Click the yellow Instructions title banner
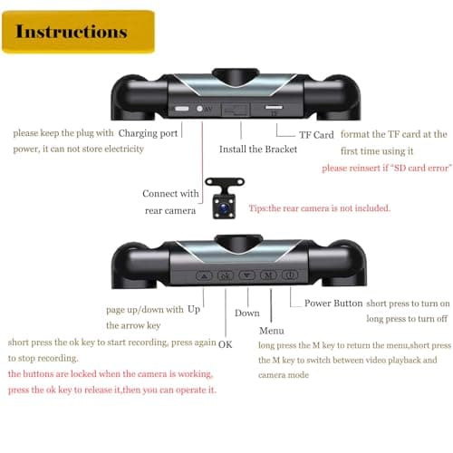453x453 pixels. click(78, 32)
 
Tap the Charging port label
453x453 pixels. click(148, 133)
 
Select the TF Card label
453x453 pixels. click(316, 135)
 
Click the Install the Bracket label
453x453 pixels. click(258, 149)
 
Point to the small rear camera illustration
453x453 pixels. click(225, 198)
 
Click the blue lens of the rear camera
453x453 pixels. click(224, 207)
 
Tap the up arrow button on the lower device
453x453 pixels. click(204, 275)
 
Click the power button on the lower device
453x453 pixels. click(290, 275)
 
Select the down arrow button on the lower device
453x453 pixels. click(247, 275)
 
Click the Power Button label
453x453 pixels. click(333, 303)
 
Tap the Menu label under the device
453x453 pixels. click(272, 331)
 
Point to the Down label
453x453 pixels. click(247, 313)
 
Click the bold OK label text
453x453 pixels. click(225, 344)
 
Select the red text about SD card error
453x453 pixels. click(387, 168)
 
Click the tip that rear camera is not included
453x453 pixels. click(320, 208)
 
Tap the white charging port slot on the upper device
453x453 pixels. click(182, 109)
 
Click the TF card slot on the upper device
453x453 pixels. click(274, 107)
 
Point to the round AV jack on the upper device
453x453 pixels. click(199, 109)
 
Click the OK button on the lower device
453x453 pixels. click(226, 275)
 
